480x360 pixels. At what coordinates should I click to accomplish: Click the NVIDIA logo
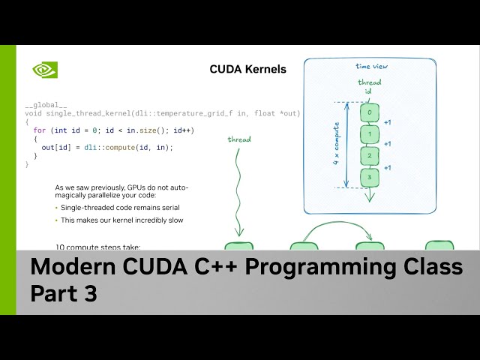point(44,70)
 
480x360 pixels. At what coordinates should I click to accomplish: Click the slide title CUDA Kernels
point(247,70)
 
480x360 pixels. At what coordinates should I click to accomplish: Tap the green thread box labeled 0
point(369,113)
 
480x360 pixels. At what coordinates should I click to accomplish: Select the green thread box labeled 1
point(369,135)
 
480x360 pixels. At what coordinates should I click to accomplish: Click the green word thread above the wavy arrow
point(239,139)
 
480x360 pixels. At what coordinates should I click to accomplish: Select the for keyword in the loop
point(40,130)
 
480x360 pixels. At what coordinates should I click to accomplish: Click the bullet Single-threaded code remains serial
point(120,207)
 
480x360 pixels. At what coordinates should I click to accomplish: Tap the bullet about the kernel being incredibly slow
point(122,220)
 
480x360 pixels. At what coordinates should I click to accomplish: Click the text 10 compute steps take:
point(98,247)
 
